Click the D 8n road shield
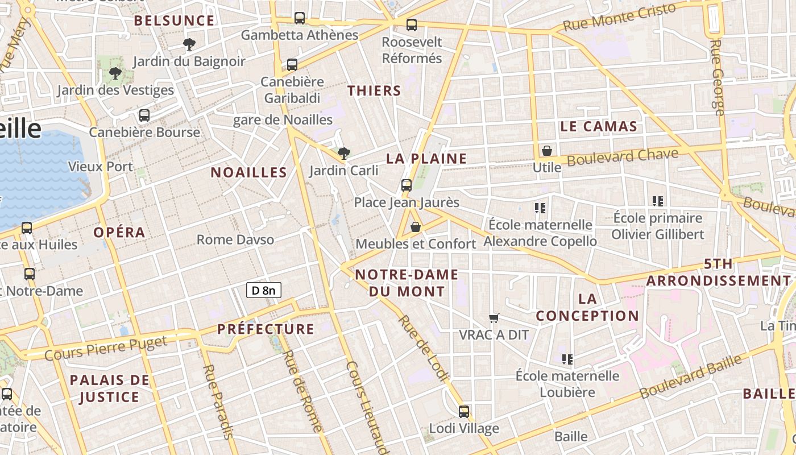tap(264, 290)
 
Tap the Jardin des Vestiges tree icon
tap(115, 73)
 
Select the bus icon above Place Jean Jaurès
tap(406, 185)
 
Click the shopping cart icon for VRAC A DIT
tap(494, 318)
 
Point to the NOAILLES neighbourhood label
tap(249, 172)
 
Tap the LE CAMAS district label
tap(599, 126)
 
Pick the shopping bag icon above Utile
tap(546, 151)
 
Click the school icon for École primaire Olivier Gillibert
tap(658, 201)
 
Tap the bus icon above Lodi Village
tap(464, 411)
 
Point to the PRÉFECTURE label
tap(266, 329)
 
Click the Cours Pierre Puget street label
tap(106, 348)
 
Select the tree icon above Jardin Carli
tap(343, 153)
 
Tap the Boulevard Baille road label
tap(690, 376)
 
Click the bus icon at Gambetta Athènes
tap(300, 18)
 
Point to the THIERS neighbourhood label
tap(374, 90)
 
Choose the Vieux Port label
tap(100, 167)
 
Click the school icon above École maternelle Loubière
tap(567, 359)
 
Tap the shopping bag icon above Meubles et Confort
tap(416, 227)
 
